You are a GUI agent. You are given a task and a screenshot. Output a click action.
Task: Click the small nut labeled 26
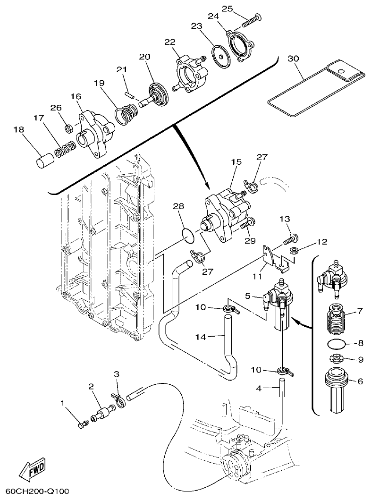[67, 127]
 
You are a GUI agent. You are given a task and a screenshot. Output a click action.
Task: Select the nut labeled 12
[293, 250]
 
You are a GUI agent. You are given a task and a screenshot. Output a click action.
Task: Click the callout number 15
[236, 162]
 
